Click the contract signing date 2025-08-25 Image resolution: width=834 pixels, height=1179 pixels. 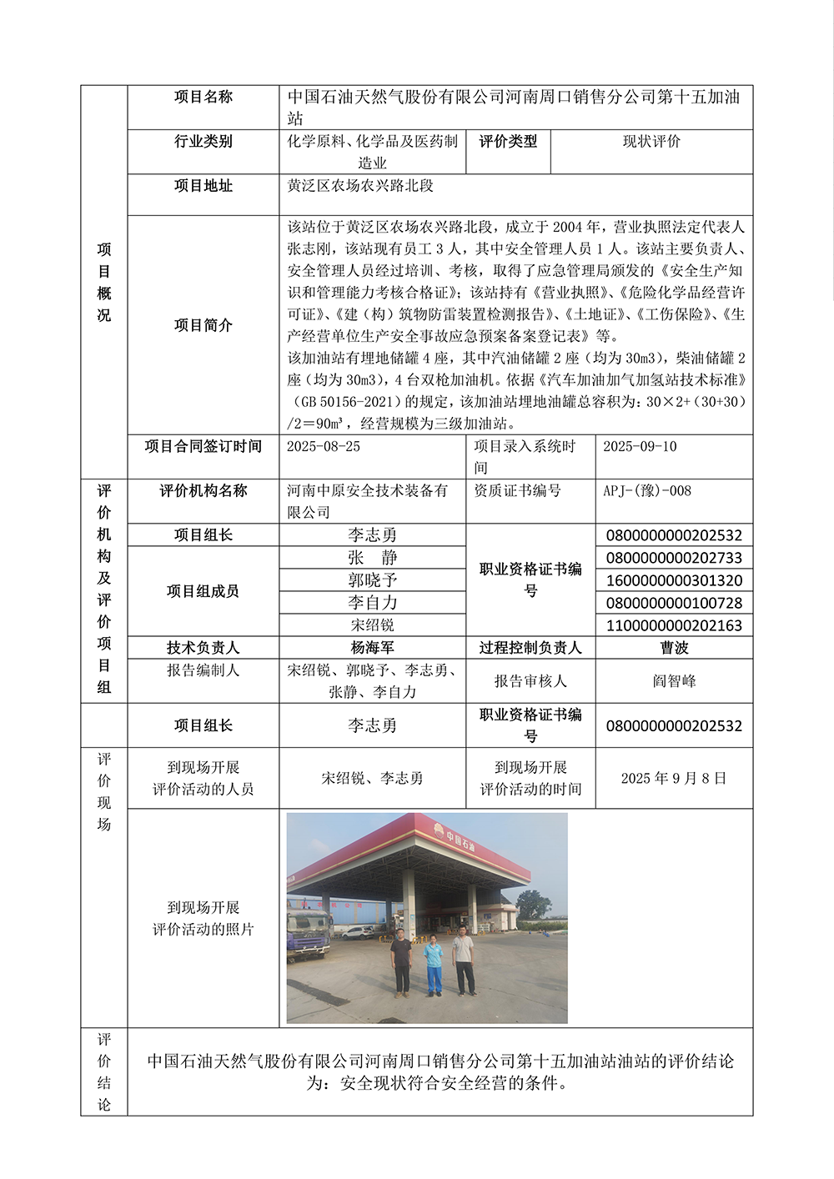click(324, 447)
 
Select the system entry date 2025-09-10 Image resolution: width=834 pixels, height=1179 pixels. click(640, 447)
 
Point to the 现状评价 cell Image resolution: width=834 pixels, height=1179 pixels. click(651, 142)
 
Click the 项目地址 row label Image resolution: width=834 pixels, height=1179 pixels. click(203, 186)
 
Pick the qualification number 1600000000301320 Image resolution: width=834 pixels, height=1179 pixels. click(674, 580)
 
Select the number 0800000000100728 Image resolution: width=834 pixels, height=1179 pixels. click(674, 603)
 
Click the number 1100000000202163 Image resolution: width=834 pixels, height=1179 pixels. click(674, 625)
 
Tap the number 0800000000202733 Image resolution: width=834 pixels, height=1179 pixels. click(674, 558)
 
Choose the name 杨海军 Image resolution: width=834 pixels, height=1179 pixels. click(372, 648)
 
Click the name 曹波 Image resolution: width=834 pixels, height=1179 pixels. click(674, 648)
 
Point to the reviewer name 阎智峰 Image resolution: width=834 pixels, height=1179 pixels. click(674, 681)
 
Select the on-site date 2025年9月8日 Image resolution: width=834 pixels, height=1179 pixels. click(674, 778)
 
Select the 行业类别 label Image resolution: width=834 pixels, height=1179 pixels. click(203, 142)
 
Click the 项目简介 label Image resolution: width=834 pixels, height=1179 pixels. click(203, 325)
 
